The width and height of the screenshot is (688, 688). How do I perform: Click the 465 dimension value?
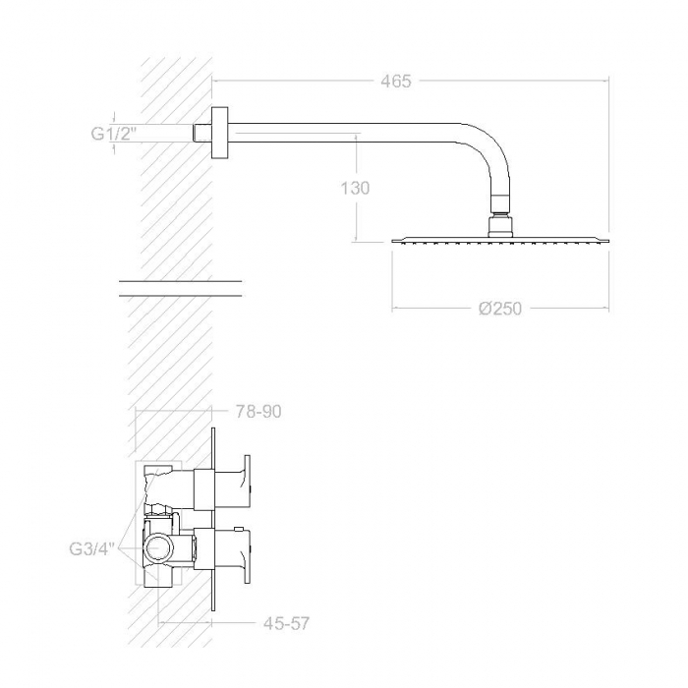396,82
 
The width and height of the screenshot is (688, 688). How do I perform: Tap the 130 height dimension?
356,188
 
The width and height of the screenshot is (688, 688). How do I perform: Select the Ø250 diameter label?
500,309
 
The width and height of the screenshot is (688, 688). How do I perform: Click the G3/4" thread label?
92,548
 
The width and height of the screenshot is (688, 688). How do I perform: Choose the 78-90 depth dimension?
258,412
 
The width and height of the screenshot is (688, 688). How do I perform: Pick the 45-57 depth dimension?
287,622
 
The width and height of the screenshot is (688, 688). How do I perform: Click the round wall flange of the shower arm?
219,133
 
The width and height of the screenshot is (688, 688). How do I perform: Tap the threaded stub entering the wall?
202,133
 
